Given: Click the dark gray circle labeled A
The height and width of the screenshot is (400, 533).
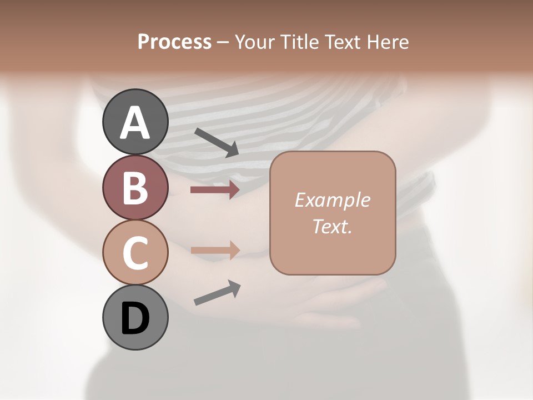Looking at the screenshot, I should pos(135,122).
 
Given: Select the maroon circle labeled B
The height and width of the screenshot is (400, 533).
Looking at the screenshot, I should pos(135,187).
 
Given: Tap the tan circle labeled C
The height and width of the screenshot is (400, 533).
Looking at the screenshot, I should pos(135,252).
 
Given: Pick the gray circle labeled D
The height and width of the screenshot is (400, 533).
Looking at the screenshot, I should pos(135,317).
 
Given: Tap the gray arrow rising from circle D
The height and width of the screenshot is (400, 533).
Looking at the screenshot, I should pos(217,293).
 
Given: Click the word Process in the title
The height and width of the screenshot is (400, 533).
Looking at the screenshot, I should pos(174,42).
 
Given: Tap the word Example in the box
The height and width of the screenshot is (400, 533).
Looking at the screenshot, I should pos(332,200).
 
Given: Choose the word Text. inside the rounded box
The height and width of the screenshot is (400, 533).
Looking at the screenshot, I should pos(332,226).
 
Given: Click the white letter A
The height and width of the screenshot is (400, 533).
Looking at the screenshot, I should pos(135,123).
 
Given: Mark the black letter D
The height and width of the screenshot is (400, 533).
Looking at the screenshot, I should pos(135,318).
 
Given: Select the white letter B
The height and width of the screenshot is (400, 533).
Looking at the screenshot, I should pos(135,188).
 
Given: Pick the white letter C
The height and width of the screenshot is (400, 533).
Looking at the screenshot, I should pos(135,253).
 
